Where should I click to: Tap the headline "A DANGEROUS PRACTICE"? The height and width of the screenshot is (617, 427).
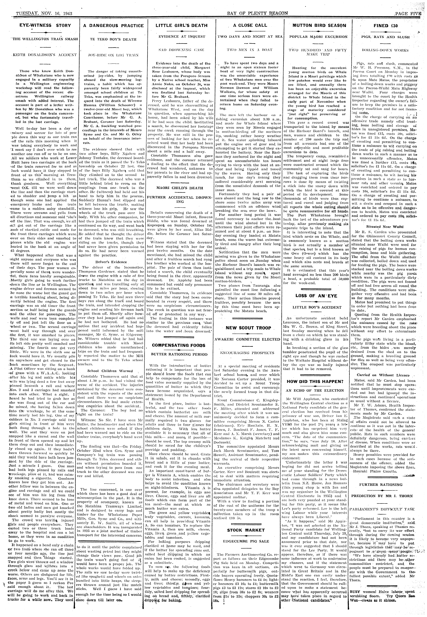(113, 26)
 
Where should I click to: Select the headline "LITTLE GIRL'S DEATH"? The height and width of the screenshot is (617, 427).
(181, 26)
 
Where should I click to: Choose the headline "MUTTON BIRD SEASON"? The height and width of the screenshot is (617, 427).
(318, 26)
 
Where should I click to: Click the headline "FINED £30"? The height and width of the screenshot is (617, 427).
(385, 26)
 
